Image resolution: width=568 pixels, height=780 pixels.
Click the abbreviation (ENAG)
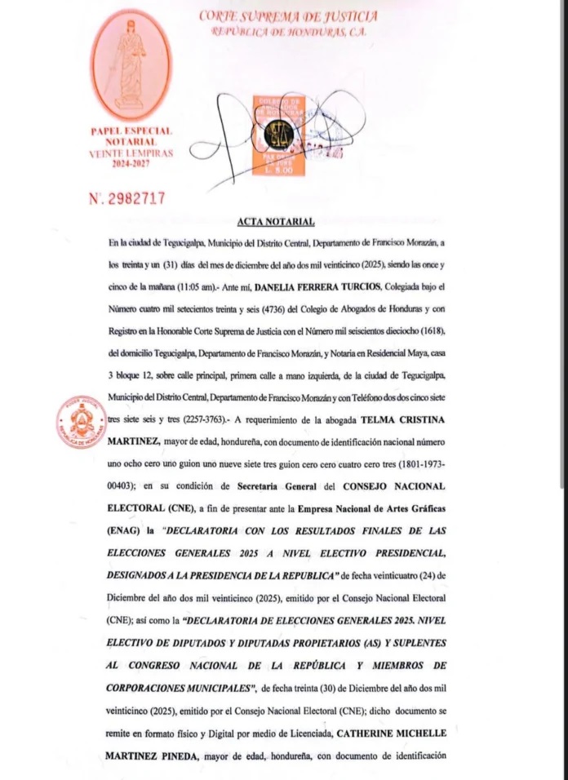point(125,530)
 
